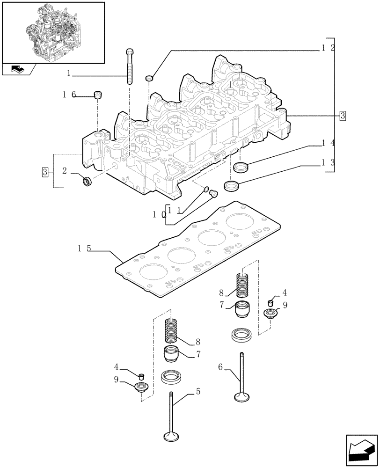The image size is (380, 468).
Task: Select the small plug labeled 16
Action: (x=98, y=95)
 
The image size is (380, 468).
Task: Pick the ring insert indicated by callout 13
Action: (x=232, y=185)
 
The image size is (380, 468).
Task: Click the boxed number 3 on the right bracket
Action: (x=343, y=115)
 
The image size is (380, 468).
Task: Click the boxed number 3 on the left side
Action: (x=45, y=172)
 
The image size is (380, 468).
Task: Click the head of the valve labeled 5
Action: (x=172, y=437)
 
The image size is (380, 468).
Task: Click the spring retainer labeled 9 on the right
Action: (x=270, y=313)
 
